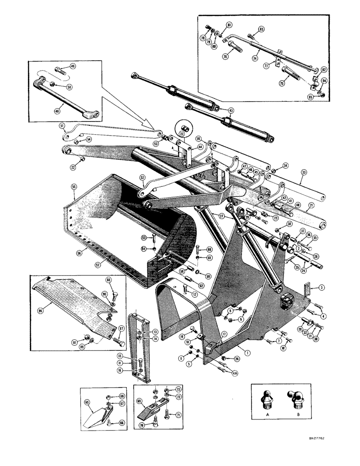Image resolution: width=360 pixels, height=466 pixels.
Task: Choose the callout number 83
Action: tap(262, 29)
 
